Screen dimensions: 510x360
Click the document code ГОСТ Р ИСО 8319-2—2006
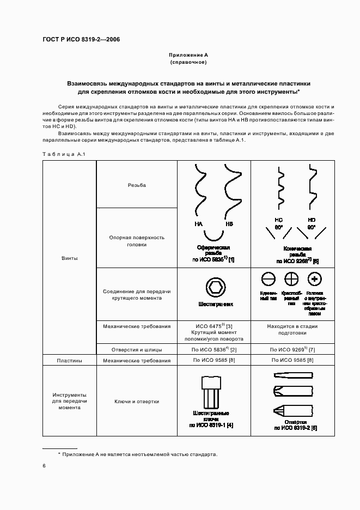pos(81,40)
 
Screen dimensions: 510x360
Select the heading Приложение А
pos(188,55)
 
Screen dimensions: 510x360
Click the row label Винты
pos(69,258)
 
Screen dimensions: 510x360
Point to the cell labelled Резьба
pos(137,185)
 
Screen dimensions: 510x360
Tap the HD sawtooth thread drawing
pos(312,189)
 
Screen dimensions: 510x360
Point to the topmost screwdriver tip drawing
pos(292,375)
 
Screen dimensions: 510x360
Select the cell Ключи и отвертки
pos(137,402)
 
